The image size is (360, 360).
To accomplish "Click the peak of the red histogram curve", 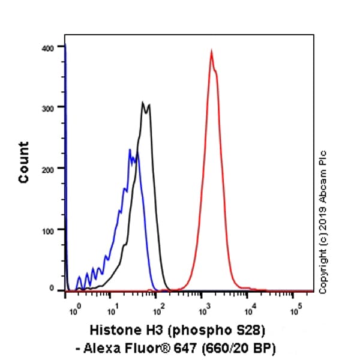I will click(211, 52).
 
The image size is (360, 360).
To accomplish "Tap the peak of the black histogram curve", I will click(143, 103).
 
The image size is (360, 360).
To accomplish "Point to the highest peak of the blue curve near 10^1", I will click(130, 150).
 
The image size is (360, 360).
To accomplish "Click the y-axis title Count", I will click(24, 162).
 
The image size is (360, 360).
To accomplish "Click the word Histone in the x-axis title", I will click(112, 331).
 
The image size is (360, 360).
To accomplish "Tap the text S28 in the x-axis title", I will click(248, 331).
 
